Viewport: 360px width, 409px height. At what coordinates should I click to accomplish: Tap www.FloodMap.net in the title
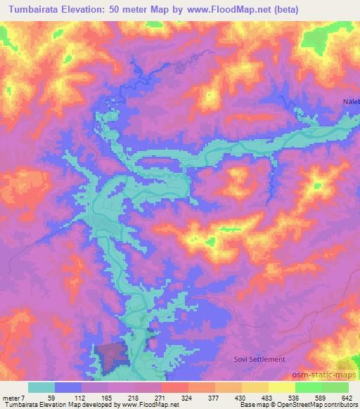229,10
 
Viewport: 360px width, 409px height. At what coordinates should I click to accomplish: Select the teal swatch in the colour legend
41,387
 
